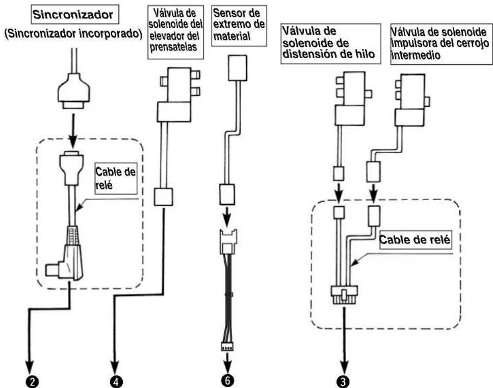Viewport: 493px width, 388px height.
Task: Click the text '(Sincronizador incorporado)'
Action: [73, 34]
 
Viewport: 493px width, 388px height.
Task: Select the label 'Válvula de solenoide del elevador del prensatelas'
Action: [175, 31]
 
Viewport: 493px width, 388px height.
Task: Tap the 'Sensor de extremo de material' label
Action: [239, 25]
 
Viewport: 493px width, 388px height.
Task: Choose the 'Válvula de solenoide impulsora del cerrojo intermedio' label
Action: [441, 43]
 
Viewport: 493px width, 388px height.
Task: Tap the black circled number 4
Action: [115, 381]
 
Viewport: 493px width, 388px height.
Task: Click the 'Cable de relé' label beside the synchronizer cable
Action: [116, 178]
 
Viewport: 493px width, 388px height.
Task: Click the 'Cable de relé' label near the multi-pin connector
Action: [414, 240]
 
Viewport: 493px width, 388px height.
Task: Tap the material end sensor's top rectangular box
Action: [238, 68]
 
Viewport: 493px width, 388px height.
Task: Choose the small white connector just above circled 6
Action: [227, 347]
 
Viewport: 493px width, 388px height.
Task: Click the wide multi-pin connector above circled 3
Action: [344, 294]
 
